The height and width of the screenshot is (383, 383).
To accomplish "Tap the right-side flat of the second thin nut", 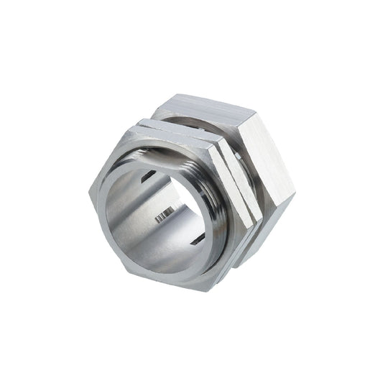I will pyautogui.click(x=247, y=188).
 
